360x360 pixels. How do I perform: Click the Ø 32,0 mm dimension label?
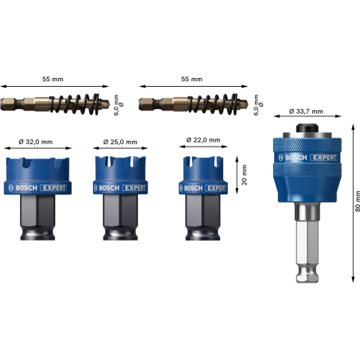[x=36, y=142]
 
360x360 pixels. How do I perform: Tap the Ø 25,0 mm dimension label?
[x=120, y=142]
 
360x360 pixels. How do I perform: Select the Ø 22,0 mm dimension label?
[x=203, y=140]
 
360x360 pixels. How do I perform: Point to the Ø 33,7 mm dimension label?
[x=306, y=112]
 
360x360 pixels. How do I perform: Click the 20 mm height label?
[x=245, y=174]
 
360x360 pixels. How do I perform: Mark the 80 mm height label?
[x=357, y=201]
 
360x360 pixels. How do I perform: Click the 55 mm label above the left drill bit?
[x=53, y=79]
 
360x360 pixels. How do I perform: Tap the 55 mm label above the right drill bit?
[x=192, y=79]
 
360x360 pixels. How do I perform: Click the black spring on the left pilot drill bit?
[x=75, y=104]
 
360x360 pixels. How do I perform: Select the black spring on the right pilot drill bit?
[x=213, y=104]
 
